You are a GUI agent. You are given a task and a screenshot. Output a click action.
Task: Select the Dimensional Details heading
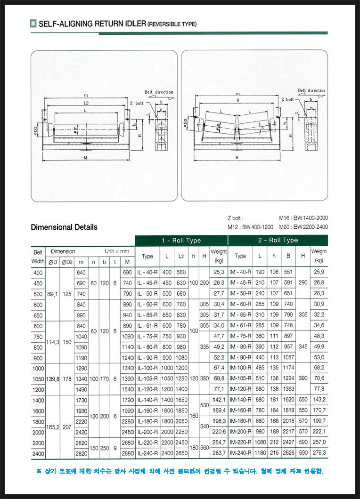pos(64,227)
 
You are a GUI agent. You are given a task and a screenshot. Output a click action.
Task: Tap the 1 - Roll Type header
pos(181,241)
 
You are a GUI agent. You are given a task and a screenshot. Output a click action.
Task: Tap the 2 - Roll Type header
pos(278,241)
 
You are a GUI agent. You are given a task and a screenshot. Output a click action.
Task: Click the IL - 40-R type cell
pos(147,272)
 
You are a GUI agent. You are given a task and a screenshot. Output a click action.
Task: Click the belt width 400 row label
pos(38,272)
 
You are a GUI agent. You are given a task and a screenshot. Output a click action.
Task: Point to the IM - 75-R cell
pos(240,336)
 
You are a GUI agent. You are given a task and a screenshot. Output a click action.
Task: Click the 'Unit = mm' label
pos(116,251)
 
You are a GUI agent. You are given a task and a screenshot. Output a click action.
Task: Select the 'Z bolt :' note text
pos(235,218)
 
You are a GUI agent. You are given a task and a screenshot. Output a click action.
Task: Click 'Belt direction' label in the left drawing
pos(159,92)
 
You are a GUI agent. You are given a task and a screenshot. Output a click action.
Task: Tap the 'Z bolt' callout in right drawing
pos(287,100)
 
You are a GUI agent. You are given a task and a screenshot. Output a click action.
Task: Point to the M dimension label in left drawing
pos(86,158)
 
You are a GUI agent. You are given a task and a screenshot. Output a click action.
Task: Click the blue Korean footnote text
pos(180,471)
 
